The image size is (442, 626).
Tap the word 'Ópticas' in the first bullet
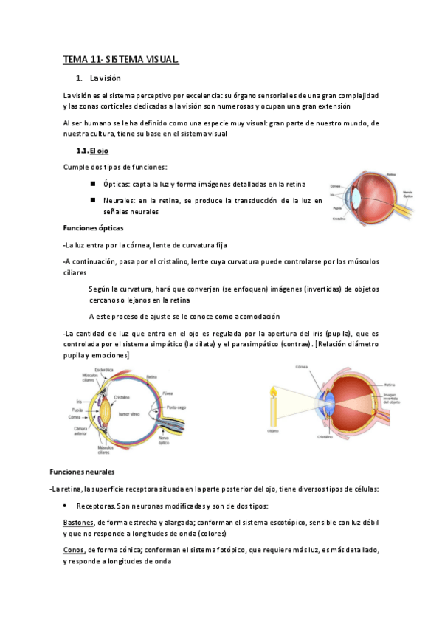(x=117, y=184)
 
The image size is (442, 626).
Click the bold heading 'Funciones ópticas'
(x=94, y=228)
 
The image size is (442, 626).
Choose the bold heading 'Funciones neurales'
(x=82, y=470)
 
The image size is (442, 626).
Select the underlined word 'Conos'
(x=74, y=550)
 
